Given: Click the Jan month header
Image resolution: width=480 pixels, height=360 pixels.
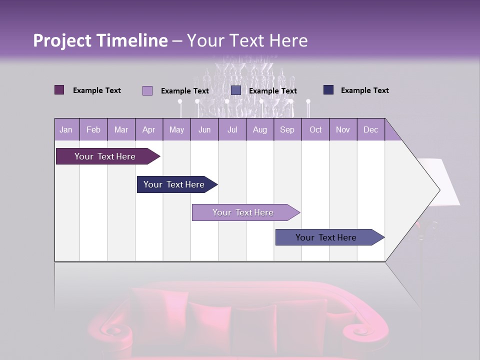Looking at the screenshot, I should coord(66,130).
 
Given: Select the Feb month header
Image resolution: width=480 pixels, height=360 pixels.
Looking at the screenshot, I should coord(93,130).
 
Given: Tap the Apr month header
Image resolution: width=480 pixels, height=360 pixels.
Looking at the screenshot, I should coord(148,130).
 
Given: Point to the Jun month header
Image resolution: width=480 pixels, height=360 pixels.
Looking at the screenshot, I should coord(204,130).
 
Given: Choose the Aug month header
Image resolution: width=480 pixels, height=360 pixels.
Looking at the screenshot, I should coord(259,130).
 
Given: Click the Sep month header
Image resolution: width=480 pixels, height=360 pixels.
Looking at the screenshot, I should coord(287,130).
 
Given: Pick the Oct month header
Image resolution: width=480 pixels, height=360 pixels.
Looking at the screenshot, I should coord(315,130).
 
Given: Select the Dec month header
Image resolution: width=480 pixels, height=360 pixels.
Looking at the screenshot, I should coord(370,130).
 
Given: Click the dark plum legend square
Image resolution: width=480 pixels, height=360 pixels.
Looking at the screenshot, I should coord(59,90).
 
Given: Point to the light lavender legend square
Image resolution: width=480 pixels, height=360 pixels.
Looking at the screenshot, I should coord(147,90).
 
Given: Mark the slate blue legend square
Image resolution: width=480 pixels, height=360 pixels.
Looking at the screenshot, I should coord(236,90).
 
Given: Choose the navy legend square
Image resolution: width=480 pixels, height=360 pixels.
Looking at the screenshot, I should coord(328,90).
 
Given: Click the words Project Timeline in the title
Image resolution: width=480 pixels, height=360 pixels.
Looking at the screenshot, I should coord(100,40).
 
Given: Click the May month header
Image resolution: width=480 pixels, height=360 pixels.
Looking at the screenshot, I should coord(176,130).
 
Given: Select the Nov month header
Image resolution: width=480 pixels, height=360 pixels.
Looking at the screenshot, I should coord(343,130).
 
